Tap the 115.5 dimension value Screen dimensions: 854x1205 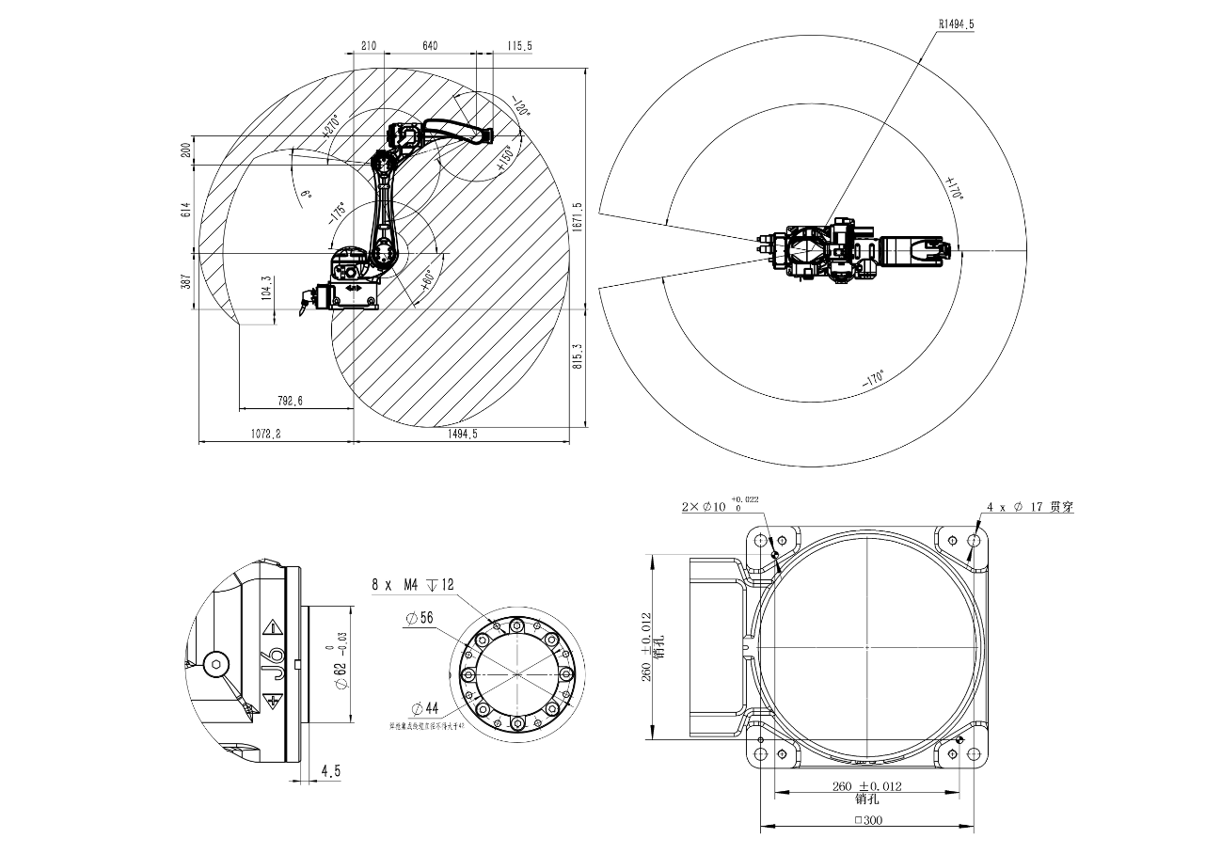tap(519, 45)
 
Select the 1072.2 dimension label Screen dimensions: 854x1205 tap(266, 434)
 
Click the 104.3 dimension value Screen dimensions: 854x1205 tap(266, 288)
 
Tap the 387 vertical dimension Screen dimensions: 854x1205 tap(185, 280)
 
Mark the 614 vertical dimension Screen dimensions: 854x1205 tap(185, 210)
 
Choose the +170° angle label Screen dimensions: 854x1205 tap(954, 188)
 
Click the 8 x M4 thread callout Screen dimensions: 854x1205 tap(413, 585)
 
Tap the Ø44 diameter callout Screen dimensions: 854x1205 tap(425, 707)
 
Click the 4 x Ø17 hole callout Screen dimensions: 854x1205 tap(1029, 507)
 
